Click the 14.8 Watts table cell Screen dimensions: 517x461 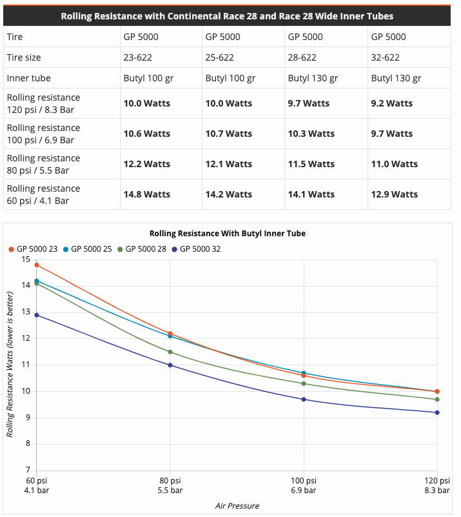tap(147, 194)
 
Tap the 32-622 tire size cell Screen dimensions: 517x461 tap(386, 57)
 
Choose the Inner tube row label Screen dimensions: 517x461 tap(28, 78)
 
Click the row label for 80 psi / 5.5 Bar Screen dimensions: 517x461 tap(43, 164)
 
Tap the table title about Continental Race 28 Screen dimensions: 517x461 tap(227, 15)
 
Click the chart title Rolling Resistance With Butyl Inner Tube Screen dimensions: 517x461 tap(228, 233)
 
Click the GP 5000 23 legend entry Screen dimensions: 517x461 tap(36, 248)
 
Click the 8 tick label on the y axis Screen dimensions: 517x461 tap(26, 444)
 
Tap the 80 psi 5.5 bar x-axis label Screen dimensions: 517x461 tap(170, 486)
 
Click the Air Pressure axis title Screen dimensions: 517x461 tap(237, 505)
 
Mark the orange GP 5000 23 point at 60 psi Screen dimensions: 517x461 tap(37, 265)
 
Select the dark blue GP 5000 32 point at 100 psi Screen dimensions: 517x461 tap(304, 400)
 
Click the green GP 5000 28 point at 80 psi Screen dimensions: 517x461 tap(170, 352)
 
